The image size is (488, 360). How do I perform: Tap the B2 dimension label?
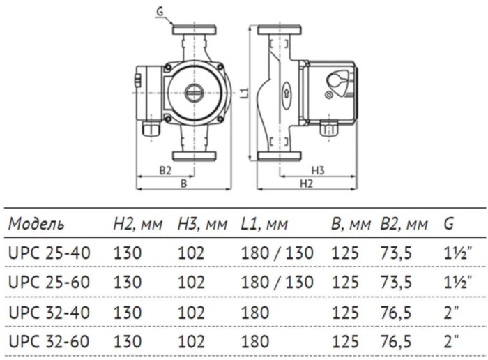[165, 170]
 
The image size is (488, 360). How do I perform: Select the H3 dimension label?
[318, 170]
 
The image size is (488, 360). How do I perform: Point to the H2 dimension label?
[306, 183]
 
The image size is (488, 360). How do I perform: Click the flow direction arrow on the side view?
[285, 92]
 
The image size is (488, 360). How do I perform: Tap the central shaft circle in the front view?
[193, 91]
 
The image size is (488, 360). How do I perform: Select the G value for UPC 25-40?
[457, 251]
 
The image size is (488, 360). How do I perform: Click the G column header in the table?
[448, 225]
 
